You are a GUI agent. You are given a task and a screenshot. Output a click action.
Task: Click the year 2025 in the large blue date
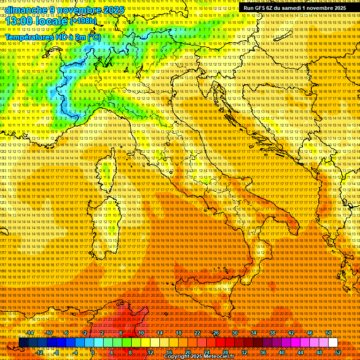point(113,10)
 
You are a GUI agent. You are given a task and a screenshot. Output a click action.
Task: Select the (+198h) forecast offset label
point(83,21)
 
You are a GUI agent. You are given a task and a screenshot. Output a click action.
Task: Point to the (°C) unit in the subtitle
point(93,37)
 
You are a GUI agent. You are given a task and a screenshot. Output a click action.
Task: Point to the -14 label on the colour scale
point(30,332)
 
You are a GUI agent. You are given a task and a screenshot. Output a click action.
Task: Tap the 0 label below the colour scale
point(93,352)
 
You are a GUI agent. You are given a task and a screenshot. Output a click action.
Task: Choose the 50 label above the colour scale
point(329,332)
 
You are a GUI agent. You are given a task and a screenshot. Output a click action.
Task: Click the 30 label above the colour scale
point(235,332)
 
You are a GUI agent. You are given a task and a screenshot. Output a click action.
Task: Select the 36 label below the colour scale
point(263,352)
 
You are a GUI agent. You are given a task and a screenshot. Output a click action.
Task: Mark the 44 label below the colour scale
point(300,352)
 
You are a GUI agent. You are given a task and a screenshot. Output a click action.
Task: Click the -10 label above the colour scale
point(48,332)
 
